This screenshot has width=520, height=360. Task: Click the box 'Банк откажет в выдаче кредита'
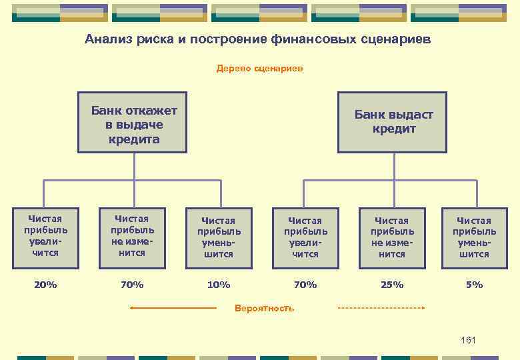click(x=134, y=123)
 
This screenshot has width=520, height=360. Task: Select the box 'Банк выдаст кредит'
click(x=393, y=123)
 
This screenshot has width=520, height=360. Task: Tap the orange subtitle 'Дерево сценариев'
click(x=259, y=68)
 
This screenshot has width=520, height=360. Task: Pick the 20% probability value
click(x=45, y=285)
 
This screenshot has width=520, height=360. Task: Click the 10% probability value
click(x=219, y=285)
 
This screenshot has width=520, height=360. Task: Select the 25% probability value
click(x=392, y=285)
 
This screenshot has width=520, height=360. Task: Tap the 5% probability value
click(x=475, y=285)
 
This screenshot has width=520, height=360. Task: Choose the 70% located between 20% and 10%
click(x=132, y=285)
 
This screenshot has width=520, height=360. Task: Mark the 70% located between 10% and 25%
click(x=305, y=285)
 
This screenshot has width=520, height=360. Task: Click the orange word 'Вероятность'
click(x=265, y=308)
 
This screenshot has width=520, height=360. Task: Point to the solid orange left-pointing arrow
click(x=173, y=308)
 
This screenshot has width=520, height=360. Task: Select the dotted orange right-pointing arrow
click(x=381, y=308)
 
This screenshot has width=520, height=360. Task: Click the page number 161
click(x=468, y=341)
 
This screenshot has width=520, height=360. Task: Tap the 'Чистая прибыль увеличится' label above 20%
click(x=45, y=235)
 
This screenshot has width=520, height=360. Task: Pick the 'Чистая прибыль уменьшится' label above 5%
click(x=475, y=237)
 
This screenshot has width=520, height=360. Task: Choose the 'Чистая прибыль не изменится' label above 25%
click(x=392, y=237)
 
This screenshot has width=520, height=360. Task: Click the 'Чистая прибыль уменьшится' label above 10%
click(x=219, y=237)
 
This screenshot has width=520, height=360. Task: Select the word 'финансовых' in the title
click(x=303, y=39)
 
